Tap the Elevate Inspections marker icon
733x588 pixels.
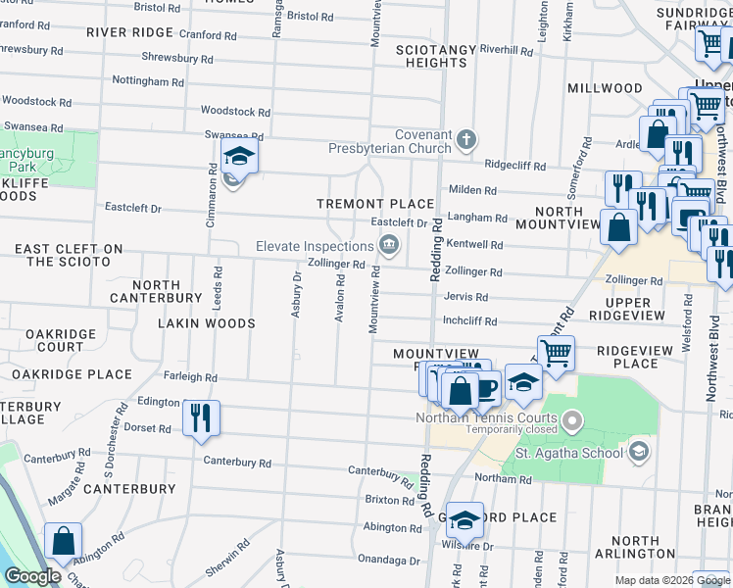390,245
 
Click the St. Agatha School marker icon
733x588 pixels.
639,451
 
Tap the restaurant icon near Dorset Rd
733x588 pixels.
201,417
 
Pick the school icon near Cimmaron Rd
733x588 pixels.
238,157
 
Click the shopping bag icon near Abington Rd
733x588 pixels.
63,541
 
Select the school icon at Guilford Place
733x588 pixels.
465,520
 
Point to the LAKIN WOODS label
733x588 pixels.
207,323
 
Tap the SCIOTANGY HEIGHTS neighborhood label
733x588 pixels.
436,56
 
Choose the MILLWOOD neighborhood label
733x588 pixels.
605,88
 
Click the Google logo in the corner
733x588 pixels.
33,576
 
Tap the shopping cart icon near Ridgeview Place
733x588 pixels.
556,352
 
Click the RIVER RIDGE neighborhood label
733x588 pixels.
129,31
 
